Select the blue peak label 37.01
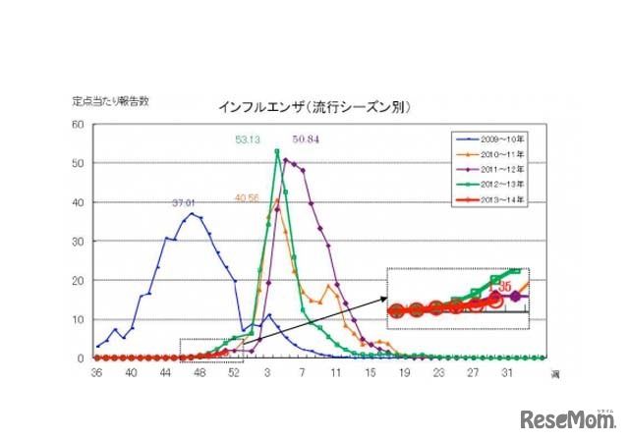(x=185, y=204)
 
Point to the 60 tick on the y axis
(x=78, y=124)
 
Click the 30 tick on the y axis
(x=78, y=241)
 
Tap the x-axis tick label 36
(x=96, y=373)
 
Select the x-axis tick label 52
(x=234, y=373)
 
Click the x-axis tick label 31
(x=508, y=373)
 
